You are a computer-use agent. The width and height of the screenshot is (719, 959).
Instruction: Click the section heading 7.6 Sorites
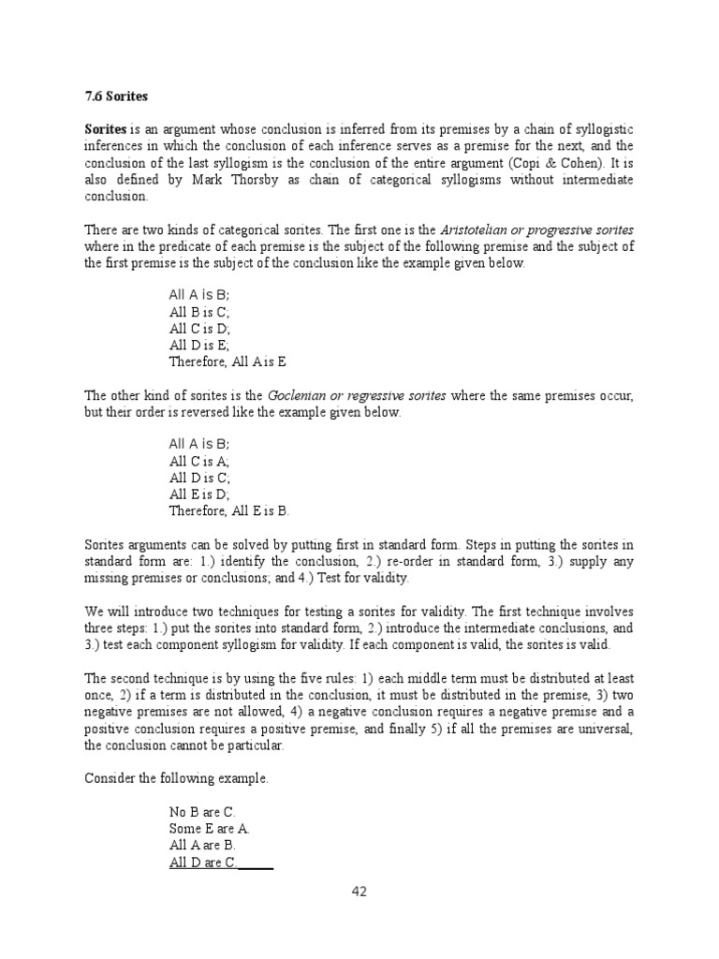[116, 96]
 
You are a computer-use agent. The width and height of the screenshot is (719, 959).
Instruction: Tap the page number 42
[359, 891]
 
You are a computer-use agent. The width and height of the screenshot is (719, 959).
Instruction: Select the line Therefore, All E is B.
[229, 510]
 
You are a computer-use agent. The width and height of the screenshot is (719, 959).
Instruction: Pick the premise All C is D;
[199, 329]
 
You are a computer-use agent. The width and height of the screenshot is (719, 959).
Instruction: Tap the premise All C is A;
[199, 461]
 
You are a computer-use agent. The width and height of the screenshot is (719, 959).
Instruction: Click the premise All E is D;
[199, 494]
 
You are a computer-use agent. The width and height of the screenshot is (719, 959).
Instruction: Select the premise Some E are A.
[209, 829]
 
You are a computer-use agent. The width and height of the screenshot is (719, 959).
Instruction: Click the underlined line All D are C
[203, 863]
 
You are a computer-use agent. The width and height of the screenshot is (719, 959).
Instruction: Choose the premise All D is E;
[199, 346]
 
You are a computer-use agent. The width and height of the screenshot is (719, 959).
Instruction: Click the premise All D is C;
[199, 478]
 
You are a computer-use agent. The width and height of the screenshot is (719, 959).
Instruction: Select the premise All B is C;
[199, 312]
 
